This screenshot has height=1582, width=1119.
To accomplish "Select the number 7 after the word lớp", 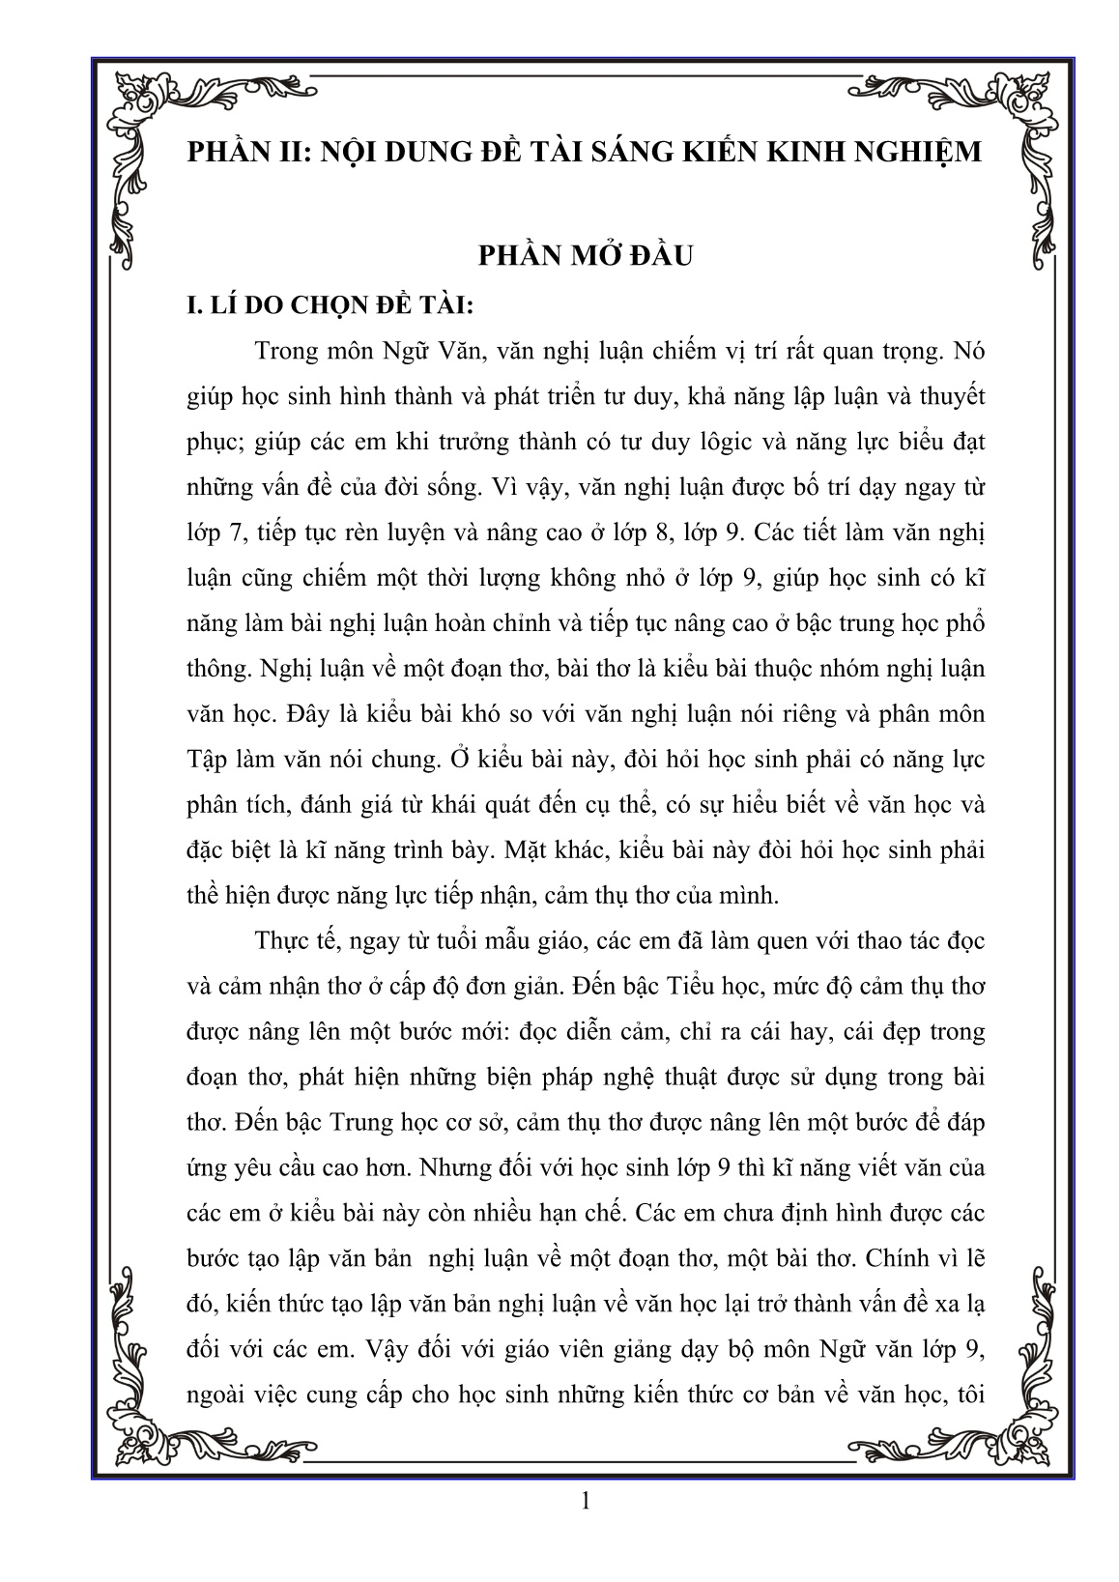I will pos(231,532).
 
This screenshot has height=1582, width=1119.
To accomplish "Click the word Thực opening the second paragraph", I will pos(285,940).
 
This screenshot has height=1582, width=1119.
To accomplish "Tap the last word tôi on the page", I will pos(967,1395).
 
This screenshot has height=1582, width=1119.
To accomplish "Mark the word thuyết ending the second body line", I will pos(948,396).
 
